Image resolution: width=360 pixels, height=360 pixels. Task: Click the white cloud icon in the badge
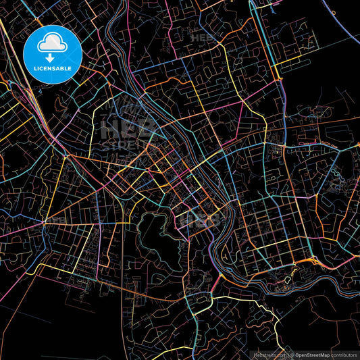[52, 43]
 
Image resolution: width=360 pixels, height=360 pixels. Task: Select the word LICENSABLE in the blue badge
[53, 68]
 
